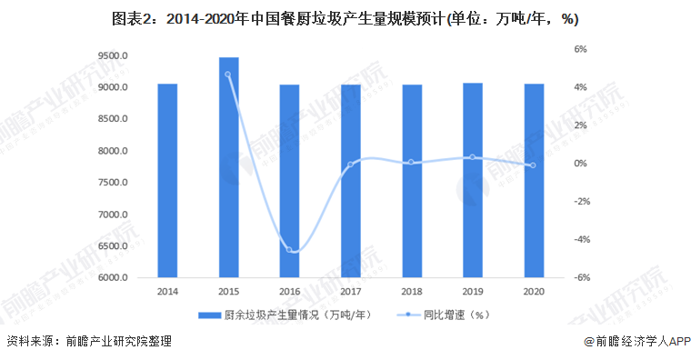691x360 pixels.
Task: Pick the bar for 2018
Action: click(x=411, y=181)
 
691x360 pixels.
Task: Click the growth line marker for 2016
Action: click(x=289, y=250)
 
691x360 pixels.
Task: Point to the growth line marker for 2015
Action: click(x=228, y=75)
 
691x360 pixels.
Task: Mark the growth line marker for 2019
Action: click(x=473, y=157)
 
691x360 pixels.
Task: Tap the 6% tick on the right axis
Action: click(x=579, y=49)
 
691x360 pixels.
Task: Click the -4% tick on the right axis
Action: click(x=577, y=240)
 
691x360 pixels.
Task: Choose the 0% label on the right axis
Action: click(x=579, y=164)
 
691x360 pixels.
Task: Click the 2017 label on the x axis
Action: click(x=350, y=291)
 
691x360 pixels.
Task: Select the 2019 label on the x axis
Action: click(x=473, y=291)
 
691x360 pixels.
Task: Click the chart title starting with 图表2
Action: click(x=345, y=18)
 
